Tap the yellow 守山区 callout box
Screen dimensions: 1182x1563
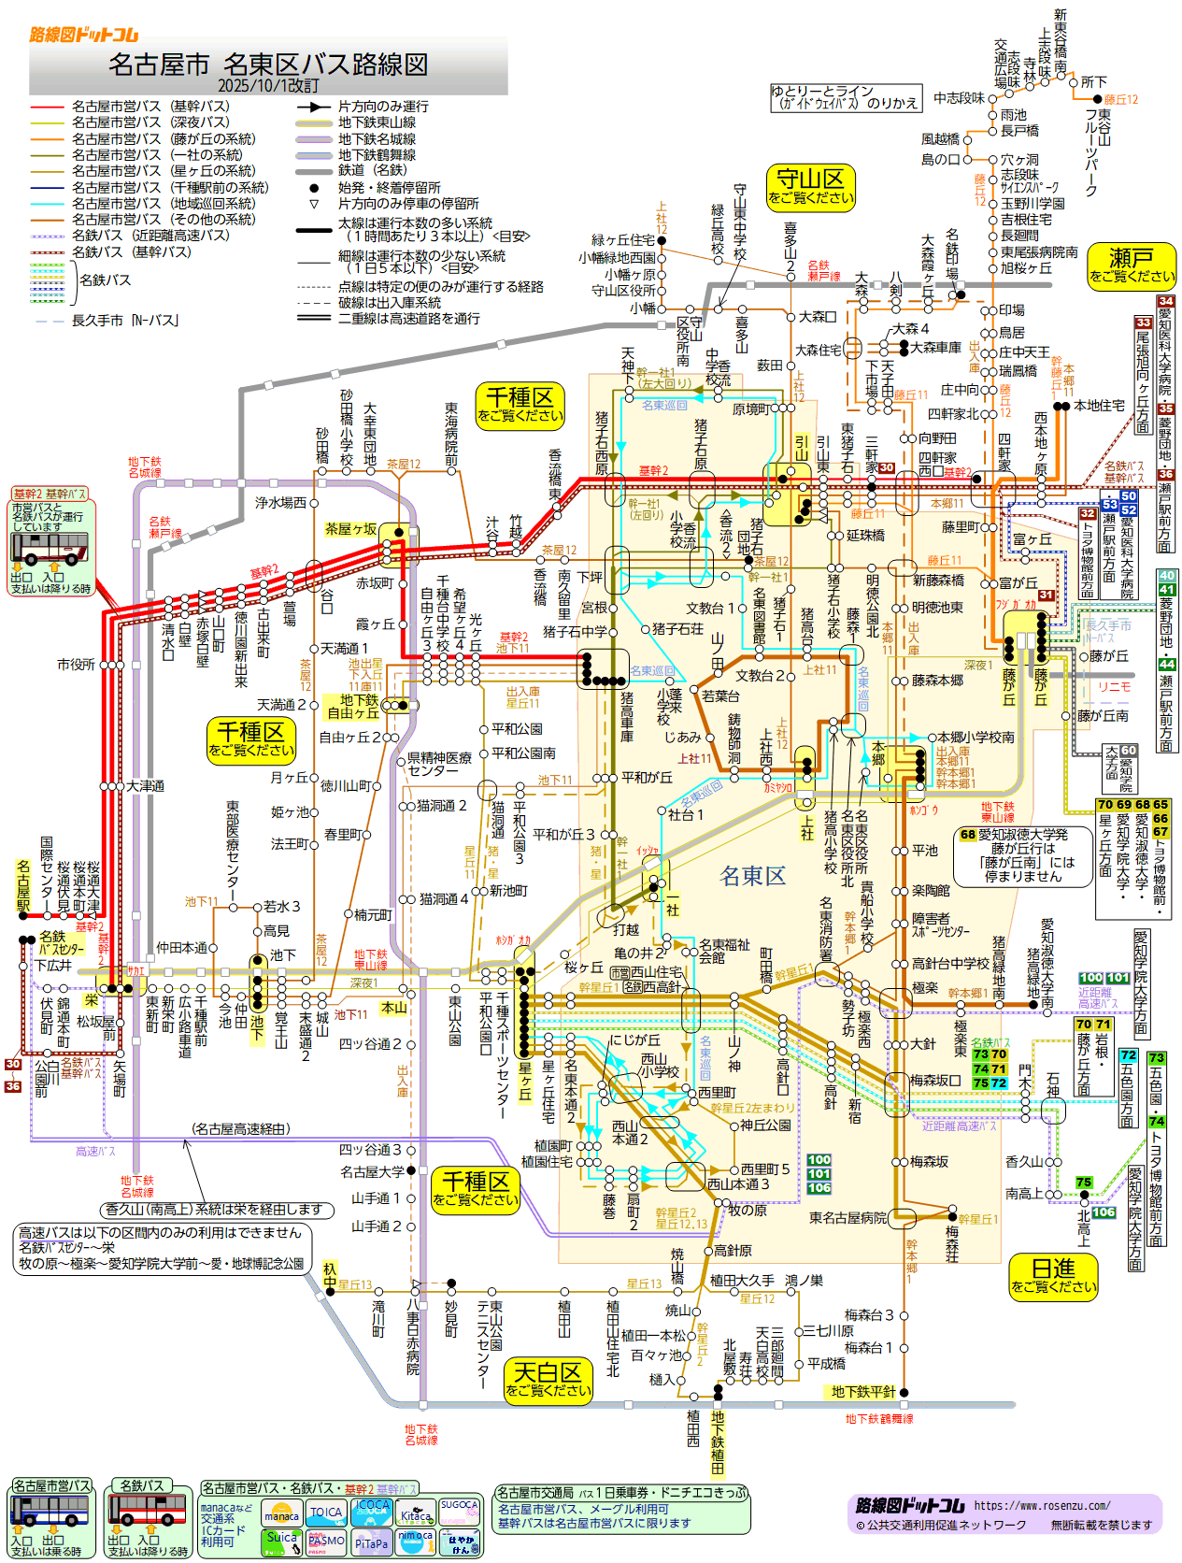[810, 185]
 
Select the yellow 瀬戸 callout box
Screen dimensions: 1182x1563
[1131, 264]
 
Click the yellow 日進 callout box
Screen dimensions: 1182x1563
[1053, 1275]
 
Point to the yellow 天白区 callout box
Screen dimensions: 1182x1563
[548, 1379]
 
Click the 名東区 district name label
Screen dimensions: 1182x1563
[753, 876]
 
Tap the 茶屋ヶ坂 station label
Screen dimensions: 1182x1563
[350, 529]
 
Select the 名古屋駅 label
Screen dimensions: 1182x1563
[23, 886]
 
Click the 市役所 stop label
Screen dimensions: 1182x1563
[76, 665]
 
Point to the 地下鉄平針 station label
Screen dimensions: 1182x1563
[862, 1392]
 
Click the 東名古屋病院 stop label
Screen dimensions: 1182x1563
[847, 1218]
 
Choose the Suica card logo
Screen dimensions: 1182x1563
[281, 1538]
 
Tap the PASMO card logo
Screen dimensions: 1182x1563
[326, 1541]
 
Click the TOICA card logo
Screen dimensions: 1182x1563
[326, 1513]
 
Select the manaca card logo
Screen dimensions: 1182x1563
[281, 1514]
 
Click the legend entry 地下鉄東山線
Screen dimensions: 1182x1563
[377, 122]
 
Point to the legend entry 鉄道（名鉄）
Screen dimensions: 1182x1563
[372, 171]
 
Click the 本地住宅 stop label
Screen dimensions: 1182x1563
[1099, 406]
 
